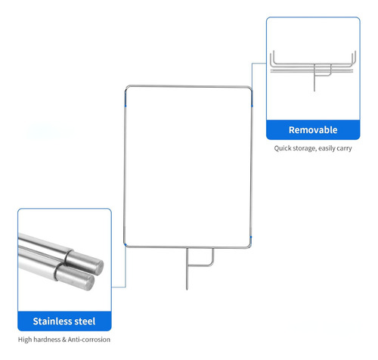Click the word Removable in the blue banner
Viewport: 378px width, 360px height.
pyautogui.click(x=313, y=130)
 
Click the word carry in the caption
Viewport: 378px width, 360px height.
pyautogui.click(x=344, y=148)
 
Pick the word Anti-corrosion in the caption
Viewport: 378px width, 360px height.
pyautogui.click(x=89, y=340)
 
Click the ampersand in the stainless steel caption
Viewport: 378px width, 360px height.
pyautogui.click(x=64, y=340)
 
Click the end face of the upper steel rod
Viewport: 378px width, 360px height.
pyautogui.click(x=97, y=266)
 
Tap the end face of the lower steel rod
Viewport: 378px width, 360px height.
pyautogui.click(x=88, y=281)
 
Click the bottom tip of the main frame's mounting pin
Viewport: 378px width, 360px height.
pyautogui.click(x=187, y=289)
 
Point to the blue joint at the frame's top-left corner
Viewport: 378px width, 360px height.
pyautogui.click(x=125, y=98)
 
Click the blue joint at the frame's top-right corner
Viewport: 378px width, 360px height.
pyautogui.click(x=252, y=98)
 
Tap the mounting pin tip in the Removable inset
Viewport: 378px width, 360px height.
pyautogui.click(x=314, y=91)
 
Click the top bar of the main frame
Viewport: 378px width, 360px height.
pyautogui.click(x=188, y=86)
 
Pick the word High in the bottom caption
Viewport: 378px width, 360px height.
pyautogui.click(x=25, y=340)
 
